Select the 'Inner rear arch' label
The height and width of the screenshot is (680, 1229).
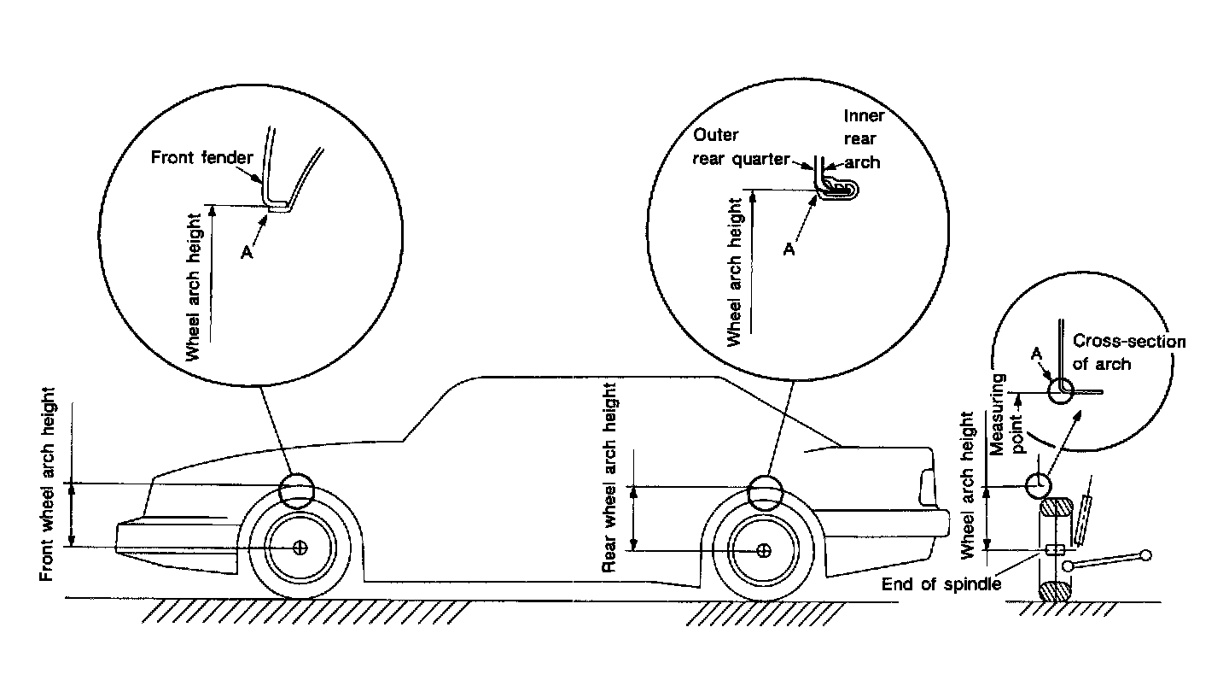tap(864, 138)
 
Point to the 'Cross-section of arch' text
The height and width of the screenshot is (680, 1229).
tap(1128, 352)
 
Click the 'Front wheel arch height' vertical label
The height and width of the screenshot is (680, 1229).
tap(49, 484)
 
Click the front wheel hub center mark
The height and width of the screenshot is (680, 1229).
tap(300, 548)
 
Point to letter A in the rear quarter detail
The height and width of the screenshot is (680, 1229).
tap(790, 249)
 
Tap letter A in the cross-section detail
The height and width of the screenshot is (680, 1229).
tap(1036, 352)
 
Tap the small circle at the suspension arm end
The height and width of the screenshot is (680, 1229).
tap(1145, 555)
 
